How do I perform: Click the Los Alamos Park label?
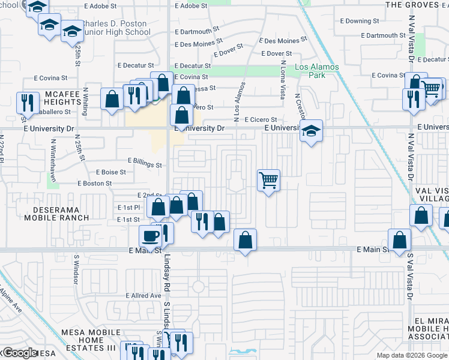click(317, 71)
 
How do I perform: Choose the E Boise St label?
click(110, 172)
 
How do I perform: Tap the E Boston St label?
click(94, 184)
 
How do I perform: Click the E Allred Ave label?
click(143, 296)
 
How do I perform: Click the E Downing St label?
click(363, 21)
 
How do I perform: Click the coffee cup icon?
click(150, 235)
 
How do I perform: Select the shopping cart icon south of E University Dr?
click(268, 179)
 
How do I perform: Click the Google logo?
click(20, 353)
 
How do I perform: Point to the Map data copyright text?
click(412, 355)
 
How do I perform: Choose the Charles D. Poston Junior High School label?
click(117, 28)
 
